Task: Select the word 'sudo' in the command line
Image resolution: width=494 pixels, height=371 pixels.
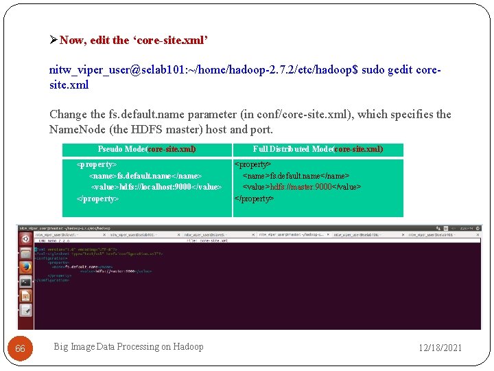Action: click(x=373, y=71)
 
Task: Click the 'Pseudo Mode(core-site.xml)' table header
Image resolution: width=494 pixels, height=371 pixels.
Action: click(x=147, y=149)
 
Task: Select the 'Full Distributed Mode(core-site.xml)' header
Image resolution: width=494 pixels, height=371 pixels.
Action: click(x=318, y=149)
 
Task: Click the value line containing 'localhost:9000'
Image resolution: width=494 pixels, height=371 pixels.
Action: click(x=156, y=187)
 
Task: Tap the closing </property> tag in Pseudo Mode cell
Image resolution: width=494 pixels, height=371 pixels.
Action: click(x=97, y=199)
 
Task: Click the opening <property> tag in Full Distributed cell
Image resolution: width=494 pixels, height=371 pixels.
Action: click(x=253, y=165)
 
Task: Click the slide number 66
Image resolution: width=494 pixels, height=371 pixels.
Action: click(x=20, y=348)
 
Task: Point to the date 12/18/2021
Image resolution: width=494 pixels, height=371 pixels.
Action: click(x=440, y=348)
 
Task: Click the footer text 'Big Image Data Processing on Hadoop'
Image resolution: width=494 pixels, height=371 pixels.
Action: click(x=128, y=347)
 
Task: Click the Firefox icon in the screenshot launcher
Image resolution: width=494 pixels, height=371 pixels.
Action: click(x=25, y=267)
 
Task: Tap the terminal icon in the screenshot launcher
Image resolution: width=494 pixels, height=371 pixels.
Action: click(x=25, y=282)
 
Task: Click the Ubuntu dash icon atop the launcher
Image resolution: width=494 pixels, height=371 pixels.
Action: click(x=25, y=238)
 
